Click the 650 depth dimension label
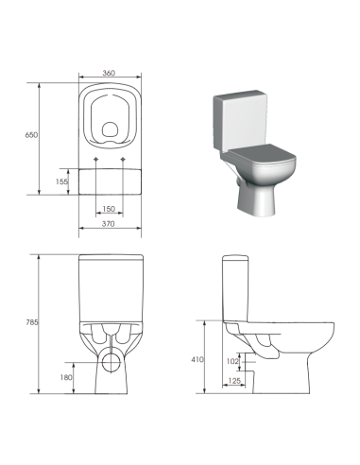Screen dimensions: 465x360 point(30,136)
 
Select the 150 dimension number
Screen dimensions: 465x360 point(109,209)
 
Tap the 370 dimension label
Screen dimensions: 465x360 point(110,224)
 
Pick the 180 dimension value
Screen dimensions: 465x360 point(65,378)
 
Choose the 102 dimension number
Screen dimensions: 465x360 point(232,361)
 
